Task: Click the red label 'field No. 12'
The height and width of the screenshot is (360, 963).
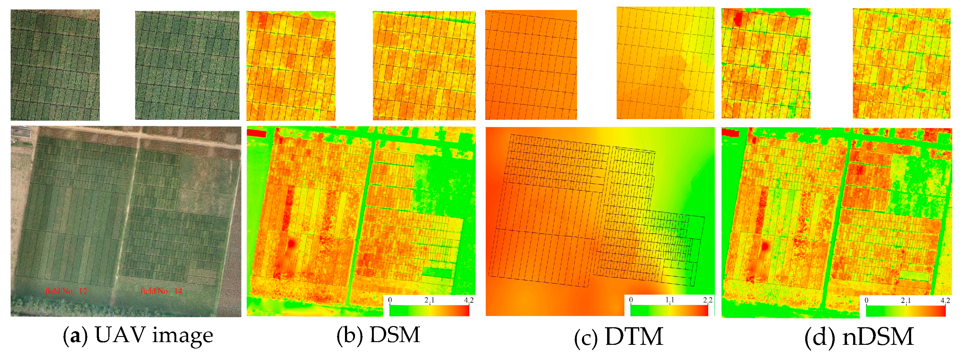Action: tap(66, 291)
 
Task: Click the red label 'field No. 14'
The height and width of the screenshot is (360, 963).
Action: tap(161, 291)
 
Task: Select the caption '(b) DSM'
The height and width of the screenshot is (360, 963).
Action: tap(378, 335)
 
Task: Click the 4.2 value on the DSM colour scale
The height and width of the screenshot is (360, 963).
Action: tap(468, 300)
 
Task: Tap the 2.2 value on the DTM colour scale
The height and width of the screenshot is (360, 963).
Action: tap(708, 300)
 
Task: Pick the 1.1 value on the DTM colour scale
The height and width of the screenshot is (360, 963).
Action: tap(670, 300)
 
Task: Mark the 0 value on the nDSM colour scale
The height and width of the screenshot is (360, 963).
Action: tap(867, 301)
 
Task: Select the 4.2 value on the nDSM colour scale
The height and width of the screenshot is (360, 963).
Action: tap(945, 301)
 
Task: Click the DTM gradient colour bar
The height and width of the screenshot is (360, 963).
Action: tap(669, 311)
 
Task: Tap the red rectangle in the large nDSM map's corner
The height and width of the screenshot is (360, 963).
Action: tap(730, 132)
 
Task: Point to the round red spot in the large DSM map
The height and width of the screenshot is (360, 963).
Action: tap(292, 243)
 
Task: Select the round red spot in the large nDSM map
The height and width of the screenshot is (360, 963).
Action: tap(765, 246)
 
